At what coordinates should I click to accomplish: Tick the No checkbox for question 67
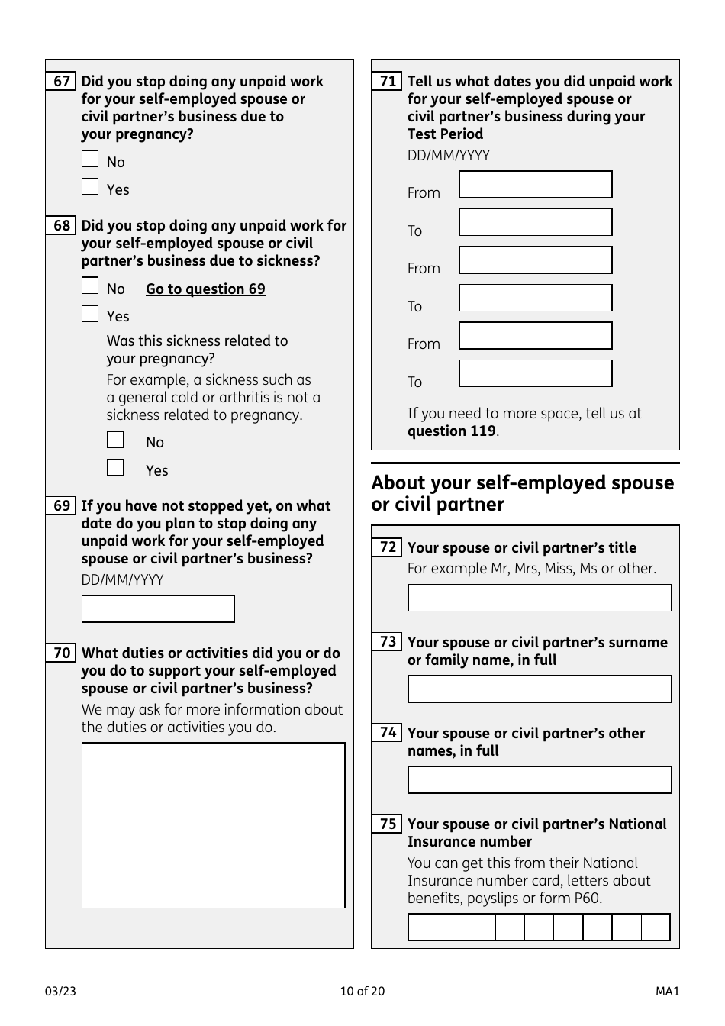click(x=90, y=159)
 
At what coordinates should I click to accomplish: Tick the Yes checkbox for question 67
click(x=90, y=187)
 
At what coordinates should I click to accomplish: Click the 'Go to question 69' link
click(x=205, y=289)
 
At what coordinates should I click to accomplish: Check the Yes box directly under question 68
click(x=90, y=314)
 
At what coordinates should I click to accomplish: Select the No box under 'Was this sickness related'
click(x=115, y=440)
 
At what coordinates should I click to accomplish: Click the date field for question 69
click(x=158, y=609)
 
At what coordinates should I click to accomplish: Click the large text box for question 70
click(x=213, y=825)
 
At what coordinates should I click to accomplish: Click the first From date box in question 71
click(x=535, y=185)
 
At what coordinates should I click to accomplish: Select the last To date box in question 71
click(x=535, y=373)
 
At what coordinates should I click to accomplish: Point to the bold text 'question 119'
click(x=451, y=431)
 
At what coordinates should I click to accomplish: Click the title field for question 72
click(x=539, y=598)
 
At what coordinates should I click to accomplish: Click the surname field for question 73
click(x=539, y=689)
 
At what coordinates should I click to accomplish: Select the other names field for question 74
click(x=539, y=779)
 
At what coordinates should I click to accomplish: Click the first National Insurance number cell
click(x=423, y=927)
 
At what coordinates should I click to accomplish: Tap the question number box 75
click(x=388, y=824)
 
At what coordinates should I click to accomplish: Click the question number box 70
click(x=62, y=653)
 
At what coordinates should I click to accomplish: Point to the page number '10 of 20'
click(x=362, y=991)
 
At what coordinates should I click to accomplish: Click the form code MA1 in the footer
click(x=667, y=991)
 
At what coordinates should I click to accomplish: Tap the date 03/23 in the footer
click(x=60, y=991)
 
